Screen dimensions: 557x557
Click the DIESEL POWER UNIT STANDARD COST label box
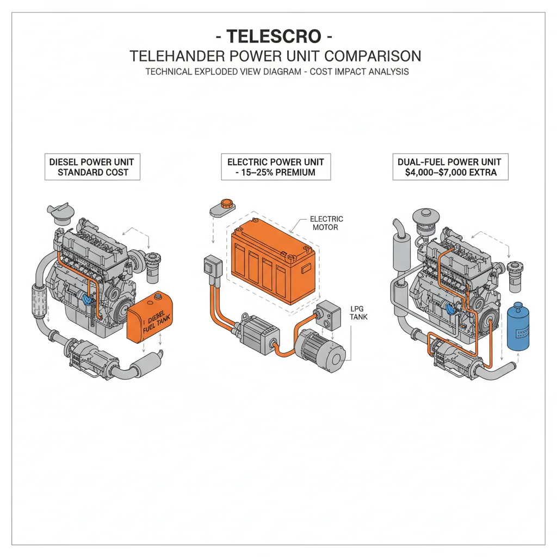[x=92, y=167]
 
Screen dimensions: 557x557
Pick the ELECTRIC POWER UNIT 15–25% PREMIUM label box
[x=275, y=167]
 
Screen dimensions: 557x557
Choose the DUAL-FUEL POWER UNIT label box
[x=449, y=167]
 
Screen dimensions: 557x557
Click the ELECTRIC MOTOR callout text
[x=326, y=223]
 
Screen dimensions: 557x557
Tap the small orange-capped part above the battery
[x=223, y=207]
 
